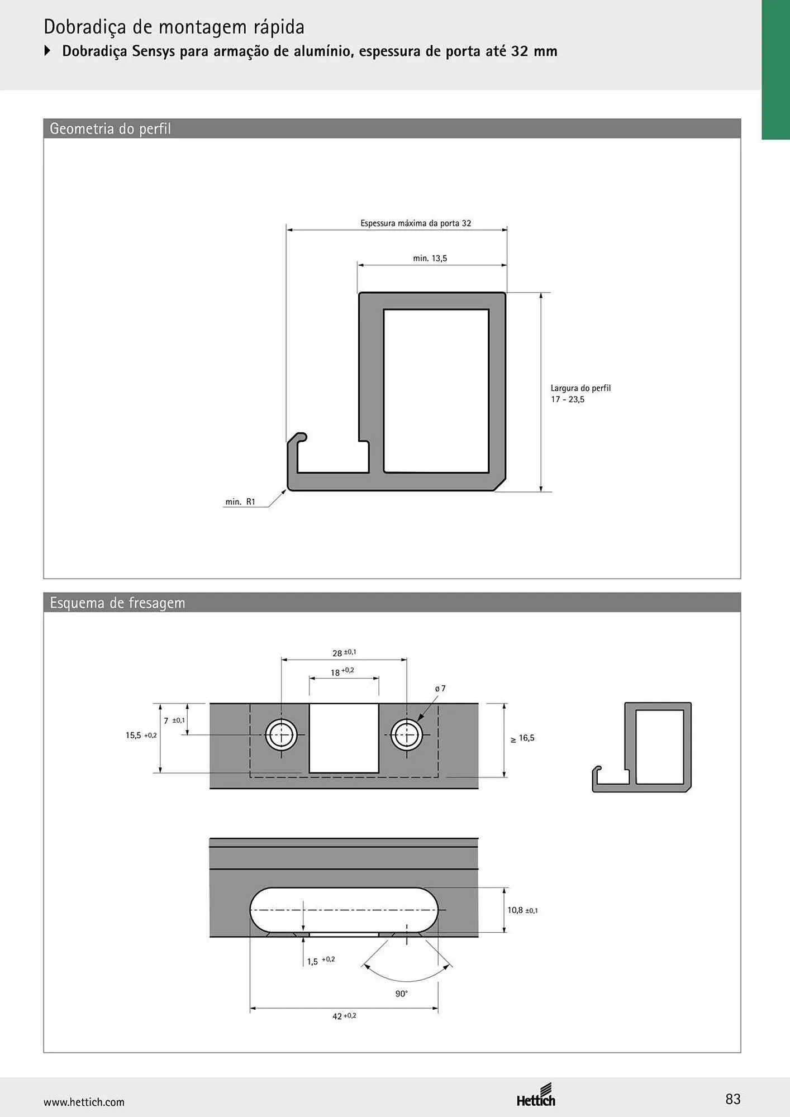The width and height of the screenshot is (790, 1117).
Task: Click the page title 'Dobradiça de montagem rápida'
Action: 174,27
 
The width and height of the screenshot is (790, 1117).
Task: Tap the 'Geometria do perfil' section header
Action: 110,129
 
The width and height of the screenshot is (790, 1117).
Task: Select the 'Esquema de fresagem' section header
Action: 117,603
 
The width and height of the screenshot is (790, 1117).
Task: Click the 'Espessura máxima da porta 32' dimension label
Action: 416,223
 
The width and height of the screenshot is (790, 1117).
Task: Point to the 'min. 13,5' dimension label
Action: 430,259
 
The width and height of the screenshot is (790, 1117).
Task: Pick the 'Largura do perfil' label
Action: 580,388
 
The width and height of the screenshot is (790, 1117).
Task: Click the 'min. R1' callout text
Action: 240,502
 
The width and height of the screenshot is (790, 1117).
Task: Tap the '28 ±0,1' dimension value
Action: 344,653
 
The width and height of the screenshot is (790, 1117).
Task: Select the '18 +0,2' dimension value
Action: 342,672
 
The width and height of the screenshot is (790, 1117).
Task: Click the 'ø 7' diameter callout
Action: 440,689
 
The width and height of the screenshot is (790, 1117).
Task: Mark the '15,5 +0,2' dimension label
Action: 141,736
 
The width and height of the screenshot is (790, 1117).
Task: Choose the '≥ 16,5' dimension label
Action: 522,738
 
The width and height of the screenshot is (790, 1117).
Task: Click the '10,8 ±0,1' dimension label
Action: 522,910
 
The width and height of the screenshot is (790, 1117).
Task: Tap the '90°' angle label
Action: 402,994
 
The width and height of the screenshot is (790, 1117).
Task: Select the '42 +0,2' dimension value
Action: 344,1016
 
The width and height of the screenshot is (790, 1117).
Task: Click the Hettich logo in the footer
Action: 536,1096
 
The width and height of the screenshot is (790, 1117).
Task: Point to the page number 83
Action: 733,1099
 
